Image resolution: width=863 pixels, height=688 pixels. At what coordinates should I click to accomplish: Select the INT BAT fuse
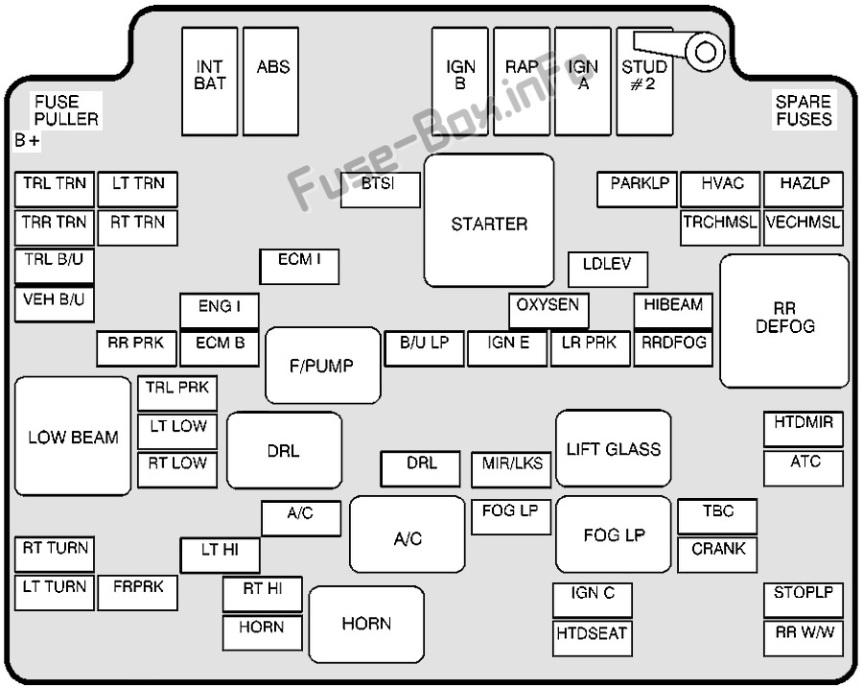(x=210, y=81)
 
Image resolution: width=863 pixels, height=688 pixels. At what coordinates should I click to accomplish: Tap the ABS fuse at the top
(x=272, y=81)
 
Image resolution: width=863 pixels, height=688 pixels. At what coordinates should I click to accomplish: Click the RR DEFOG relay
(x=784, y=320)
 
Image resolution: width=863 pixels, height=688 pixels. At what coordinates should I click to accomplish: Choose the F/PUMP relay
(x=322, y=366)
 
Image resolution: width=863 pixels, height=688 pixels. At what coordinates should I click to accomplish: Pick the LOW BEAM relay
(x=73, y=437)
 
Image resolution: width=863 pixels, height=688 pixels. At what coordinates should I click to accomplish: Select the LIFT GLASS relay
(x=613, y=448)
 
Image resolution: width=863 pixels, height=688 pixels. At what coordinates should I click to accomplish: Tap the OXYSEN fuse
(x=548, y=310)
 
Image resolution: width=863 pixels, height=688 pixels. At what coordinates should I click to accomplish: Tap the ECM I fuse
(x=299, y=266)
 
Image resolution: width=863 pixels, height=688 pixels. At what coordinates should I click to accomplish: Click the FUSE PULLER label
(x=66, y=110)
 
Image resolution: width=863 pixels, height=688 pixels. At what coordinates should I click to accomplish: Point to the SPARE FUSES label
(x=804, y=110)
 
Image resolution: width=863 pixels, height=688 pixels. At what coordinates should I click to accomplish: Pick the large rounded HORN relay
(x=366, y=625)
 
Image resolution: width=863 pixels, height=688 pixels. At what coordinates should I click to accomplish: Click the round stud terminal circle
(x=707, y=51)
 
